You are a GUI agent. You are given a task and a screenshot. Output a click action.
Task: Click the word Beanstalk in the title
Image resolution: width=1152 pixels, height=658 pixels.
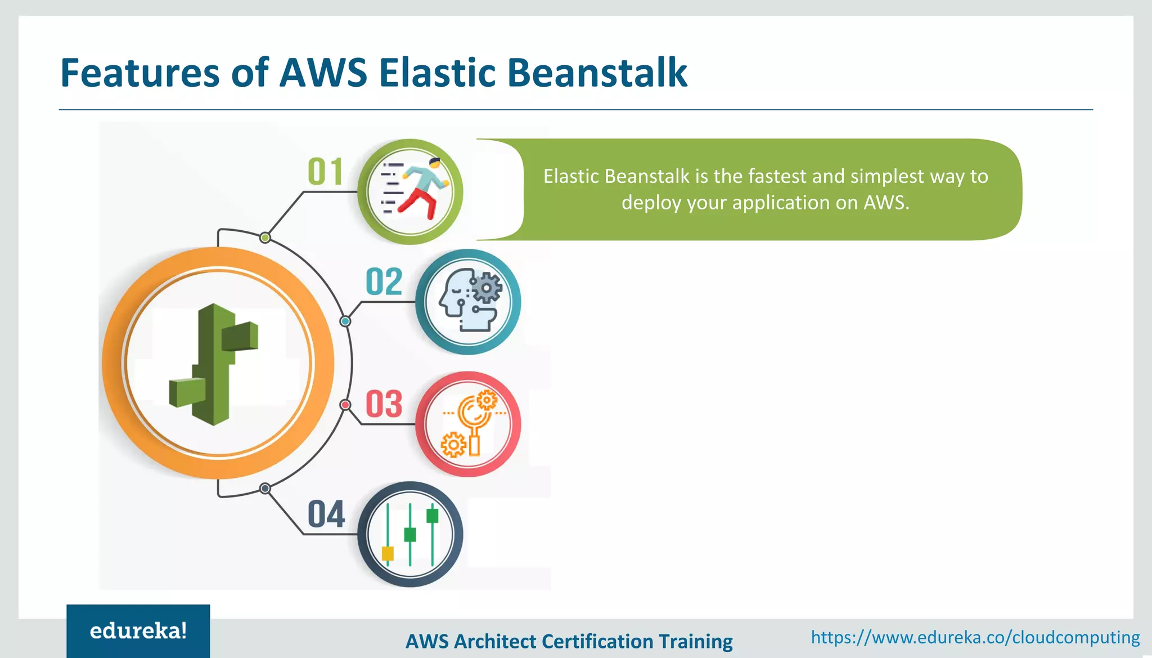597,73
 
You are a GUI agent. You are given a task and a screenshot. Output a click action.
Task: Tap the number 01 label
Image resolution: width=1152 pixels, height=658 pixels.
325,172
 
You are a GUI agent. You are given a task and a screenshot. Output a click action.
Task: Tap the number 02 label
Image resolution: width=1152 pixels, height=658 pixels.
384,282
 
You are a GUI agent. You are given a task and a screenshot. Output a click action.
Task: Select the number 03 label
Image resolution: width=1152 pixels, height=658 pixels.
384,404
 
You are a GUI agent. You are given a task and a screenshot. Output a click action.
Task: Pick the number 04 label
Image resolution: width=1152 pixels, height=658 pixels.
326,514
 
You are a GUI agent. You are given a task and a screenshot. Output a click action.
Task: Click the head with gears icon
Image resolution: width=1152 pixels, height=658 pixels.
469,301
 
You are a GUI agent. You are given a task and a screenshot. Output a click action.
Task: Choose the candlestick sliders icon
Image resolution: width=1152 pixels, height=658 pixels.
411,534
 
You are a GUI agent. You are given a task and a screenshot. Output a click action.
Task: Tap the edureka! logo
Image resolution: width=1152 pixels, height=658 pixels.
138,631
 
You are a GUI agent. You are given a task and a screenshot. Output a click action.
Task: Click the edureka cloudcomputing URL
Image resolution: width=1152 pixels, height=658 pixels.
975,637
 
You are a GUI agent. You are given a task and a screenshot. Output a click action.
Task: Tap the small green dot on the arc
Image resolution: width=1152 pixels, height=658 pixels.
265,238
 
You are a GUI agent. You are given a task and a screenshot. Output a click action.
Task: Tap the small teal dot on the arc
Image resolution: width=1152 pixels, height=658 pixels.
345,321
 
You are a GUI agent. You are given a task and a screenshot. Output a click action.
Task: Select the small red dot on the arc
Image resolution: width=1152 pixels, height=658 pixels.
345,405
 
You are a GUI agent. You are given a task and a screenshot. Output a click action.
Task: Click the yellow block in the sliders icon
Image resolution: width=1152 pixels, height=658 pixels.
388,553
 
